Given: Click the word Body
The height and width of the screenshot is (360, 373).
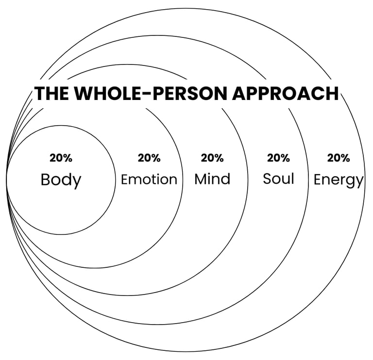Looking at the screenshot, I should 61,180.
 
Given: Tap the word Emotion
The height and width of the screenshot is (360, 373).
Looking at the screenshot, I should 149,180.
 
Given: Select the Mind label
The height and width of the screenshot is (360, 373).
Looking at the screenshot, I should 212,179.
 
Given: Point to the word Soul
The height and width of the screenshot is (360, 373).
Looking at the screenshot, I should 278,178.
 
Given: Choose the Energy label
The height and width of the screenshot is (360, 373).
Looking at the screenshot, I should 338,180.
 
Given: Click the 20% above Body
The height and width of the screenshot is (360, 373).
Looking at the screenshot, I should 61,158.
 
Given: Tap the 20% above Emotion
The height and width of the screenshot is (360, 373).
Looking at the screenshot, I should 149,158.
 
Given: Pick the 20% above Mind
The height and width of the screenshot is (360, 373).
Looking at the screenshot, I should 212,158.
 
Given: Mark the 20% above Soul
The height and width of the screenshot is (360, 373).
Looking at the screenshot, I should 278,158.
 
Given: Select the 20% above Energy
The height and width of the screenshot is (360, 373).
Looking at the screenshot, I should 338,158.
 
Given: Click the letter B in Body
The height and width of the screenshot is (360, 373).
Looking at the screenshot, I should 45,180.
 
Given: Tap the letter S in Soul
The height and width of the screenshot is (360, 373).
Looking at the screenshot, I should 267,178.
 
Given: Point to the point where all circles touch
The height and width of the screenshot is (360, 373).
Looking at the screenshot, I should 6,180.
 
